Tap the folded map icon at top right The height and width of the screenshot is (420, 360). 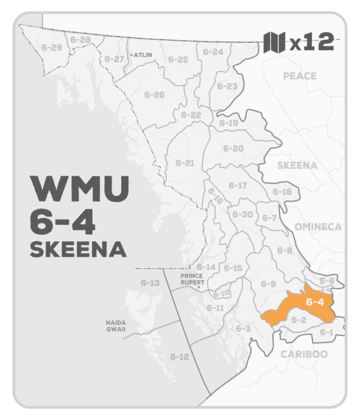pyautogui.click(x=274, y=44)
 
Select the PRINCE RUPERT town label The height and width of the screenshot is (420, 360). pyautogui.click(x=193, y=279)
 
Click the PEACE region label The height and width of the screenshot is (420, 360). pyautogui.click(x=300, y=76)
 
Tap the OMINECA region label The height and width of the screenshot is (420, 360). pyautogui.click(x=317, y=227)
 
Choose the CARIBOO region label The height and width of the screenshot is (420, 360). pyautogui.click(x=304, y=354)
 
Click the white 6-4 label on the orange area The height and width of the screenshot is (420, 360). pyautogui.click(x=314, y=302)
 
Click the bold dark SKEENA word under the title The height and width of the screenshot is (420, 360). pyautogui.click(x=73, y=249)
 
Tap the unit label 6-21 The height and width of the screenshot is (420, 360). pyautogui.click(x=185, y=163)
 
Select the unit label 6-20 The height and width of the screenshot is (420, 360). pyautogui.click(x=233, y=148)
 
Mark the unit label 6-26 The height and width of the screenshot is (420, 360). pyautogui.click(x=154, y=95)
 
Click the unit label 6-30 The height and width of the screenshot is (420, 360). pyautogui.click(x=242, y=214)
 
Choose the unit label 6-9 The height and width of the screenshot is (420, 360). pyautogui.click(x=268, y=283)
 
